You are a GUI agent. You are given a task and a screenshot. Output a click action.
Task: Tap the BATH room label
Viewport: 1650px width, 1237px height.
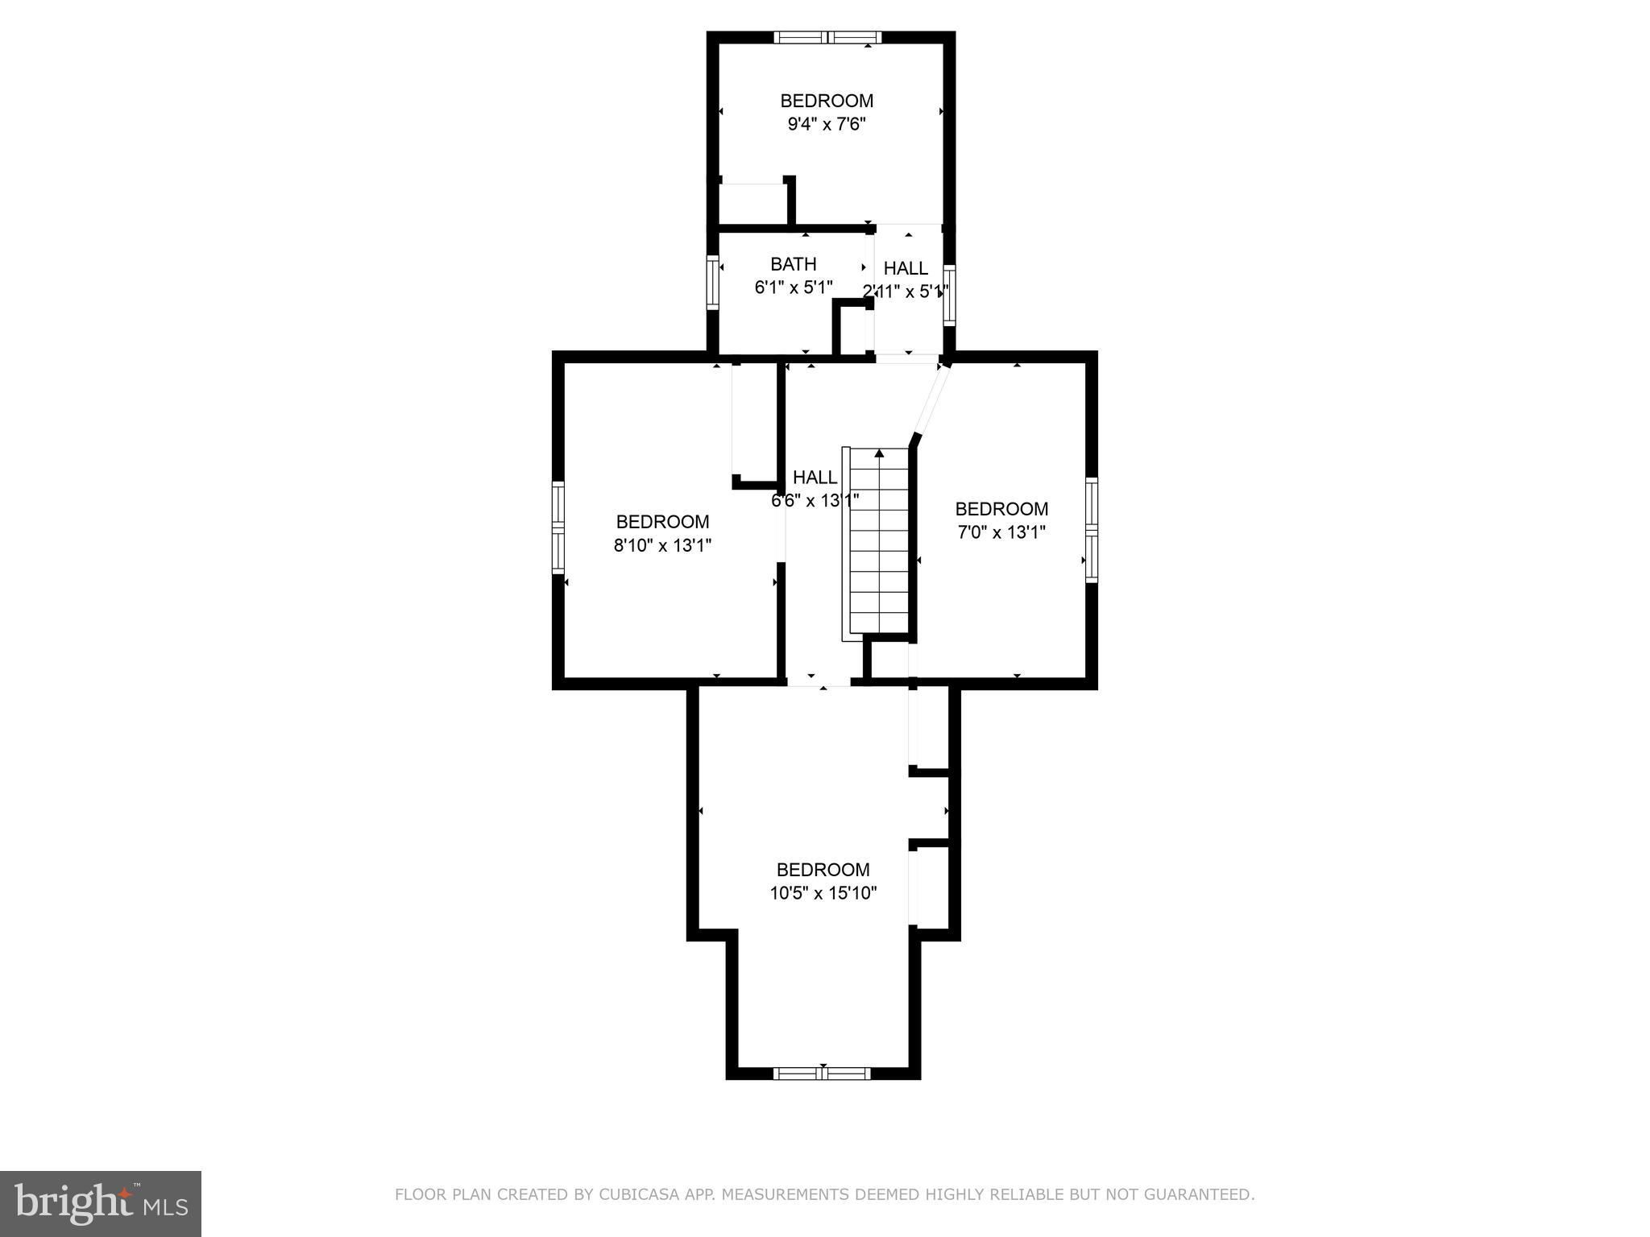pos(793,264)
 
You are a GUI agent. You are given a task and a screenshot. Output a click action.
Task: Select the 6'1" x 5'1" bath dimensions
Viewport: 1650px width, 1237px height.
pos(793,288)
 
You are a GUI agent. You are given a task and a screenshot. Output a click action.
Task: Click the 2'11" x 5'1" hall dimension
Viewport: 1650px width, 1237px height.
pos(906,292)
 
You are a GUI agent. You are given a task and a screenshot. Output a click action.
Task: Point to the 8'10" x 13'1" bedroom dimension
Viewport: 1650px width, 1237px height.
pos(662,545)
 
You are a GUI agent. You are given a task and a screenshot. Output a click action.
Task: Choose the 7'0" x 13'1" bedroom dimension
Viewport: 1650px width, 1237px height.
pos(1001,532)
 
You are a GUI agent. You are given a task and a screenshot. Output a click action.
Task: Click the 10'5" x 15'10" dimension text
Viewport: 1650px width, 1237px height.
pos(823,893)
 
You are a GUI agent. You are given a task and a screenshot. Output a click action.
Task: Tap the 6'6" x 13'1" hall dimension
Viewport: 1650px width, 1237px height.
pos(815,500)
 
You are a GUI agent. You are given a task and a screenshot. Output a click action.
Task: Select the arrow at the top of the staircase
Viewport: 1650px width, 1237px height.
pos(879,454)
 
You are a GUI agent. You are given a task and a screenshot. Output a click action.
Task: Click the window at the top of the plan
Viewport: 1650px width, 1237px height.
pos(827,37)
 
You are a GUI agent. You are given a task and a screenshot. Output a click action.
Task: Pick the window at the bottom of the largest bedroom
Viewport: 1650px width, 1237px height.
pos(822,1073)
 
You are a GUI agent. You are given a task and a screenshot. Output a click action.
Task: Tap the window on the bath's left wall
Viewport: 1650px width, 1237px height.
pos(712,282)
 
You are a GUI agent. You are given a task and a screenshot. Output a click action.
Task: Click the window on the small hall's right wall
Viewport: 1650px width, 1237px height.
pos(949,295)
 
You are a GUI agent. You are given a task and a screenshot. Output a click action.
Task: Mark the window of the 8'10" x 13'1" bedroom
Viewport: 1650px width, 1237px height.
pos(558,527)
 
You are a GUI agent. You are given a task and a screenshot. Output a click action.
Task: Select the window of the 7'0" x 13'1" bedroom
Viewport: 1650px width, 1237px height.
pos(1092,529)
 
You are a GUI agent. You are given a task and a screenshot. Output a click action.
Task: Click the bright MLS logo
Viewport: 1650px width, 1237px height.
pos(101,1203)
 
